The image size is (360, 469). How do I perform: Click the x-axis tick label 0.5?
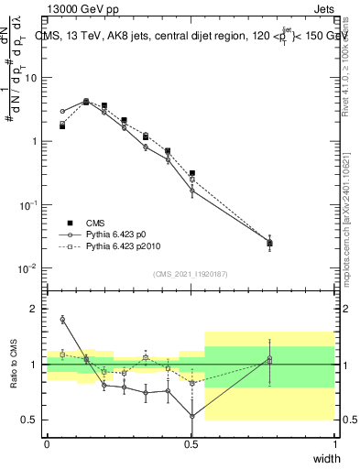[x=191, y=444]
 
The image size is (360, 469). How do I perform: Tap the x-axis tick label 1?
[x=334, y=444]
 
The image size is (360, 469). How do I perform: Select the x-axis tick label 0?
[x=47, y=444]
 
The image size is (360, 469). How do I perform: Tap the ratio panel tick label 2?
[x=35, y=310]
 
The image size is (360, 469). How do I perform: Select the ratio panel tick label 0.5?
[x=31, y=420]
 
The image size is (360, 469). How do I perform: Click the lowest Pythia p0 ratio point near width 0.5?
[x=191, y=416]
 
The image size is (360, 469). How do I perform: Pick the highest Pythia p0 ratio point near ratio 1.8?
[x=62, y=320]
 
